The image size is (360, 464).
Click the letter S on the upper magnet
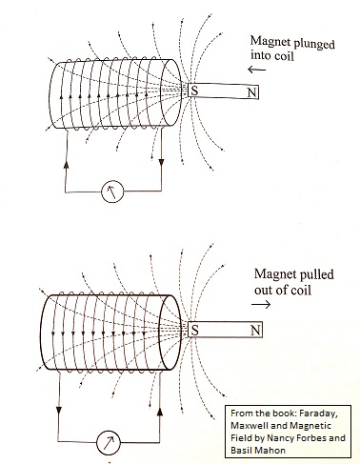click(195, 91)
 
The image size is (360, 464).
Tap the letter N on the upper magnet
click(250, 92)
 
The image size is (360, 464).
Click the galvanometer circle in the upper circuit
click(113, 192)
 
